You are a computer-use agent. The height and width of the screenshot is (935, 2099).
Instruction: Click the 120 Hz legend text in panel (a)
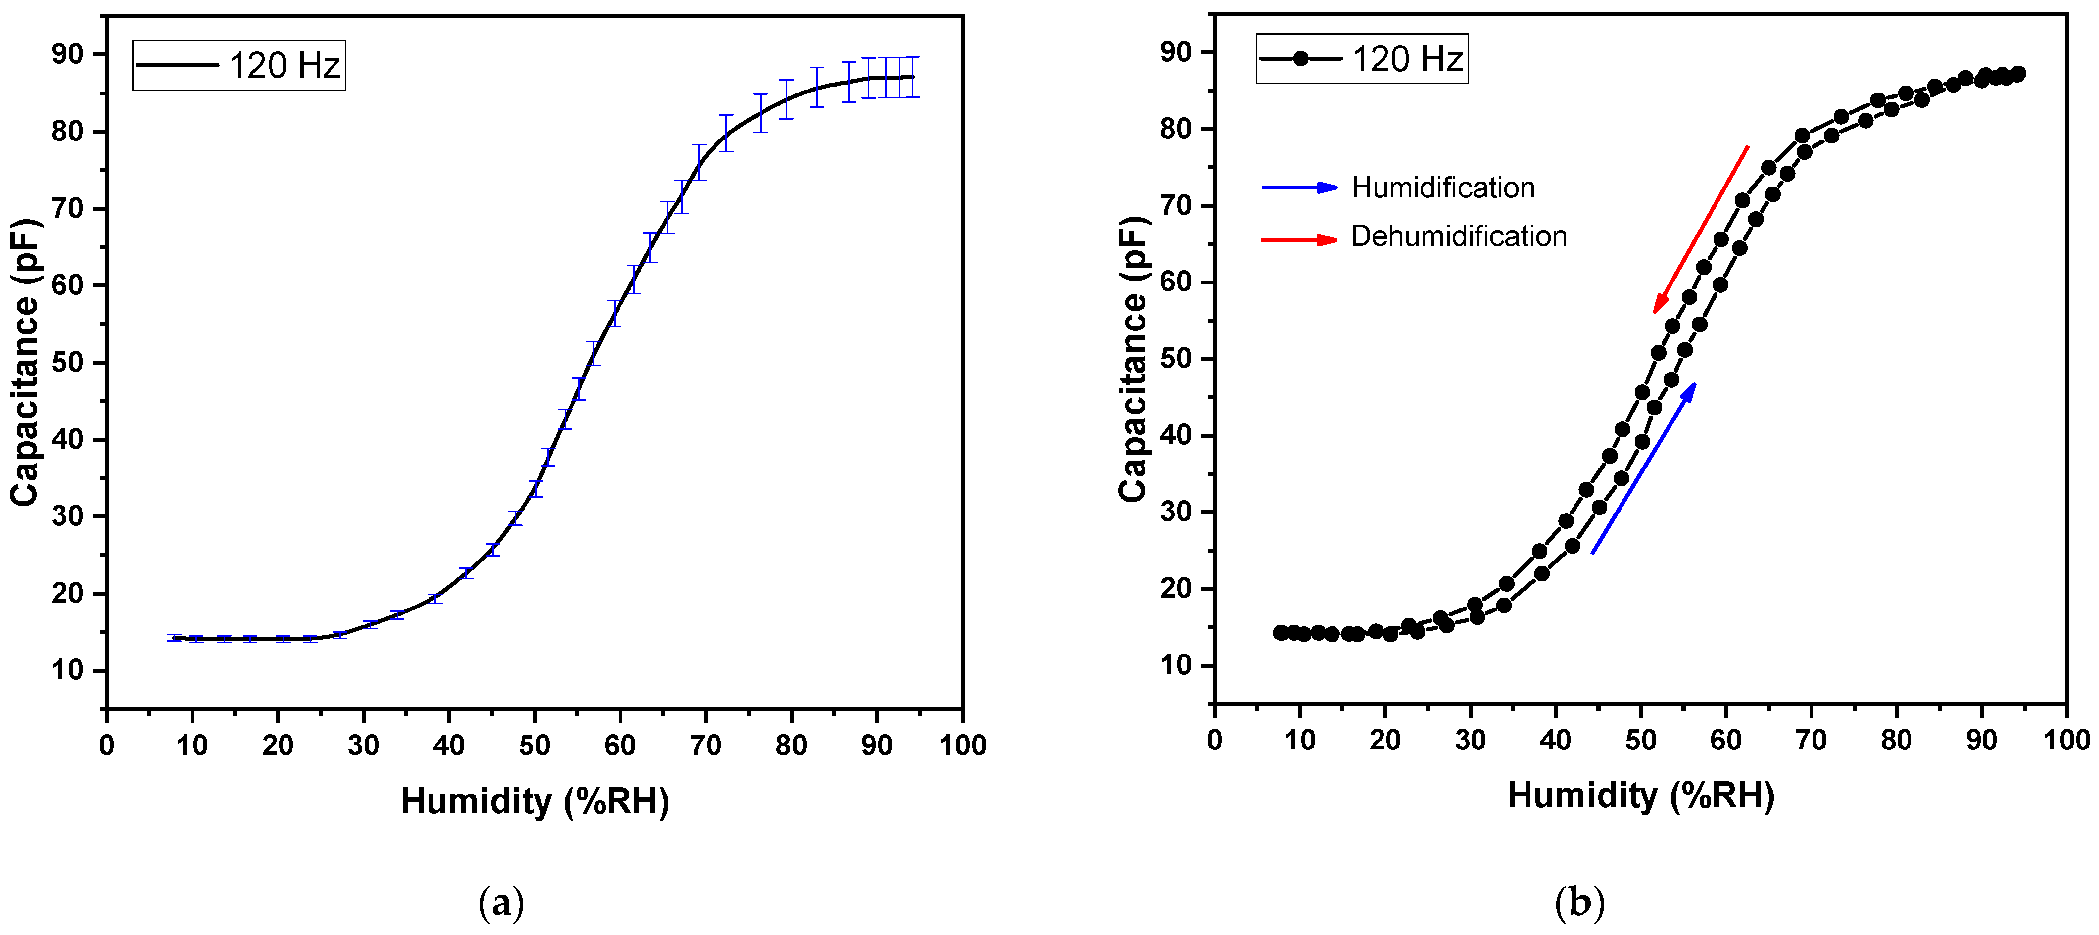(284, 65)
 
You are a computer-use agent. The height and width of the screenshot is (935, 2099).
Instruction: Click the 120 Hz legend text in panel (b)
(1407, 59)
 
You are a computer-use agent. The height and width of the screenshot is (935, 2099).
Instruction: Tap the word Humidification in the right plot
(1443, 188)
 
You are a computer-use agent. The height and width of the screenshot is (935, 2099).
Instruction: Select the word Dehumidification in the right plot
(1459, 236)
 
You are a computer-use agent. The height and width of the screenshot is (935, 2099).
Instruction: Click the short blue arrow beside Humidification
(1300, 188)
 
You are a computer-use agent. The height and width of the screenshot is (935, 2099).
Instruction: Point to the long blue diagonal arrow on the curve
(1643, 468)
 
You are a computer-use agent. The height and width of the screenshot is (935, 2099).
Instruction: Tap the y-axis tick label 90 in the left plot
(68, 54)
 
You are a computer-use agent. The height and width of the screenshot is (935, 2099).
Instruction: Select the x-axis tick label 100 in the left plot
(962, 745)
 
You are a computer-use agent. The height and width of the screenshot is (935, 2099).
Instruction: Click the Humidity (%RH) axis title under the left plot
(534, 801)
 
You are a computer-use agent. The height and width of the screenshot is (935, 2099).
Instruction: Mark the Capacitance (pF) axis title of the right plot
(1133, 358)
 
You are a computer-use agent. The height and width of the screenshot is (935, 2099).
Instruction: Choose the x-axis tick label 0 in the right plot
(1214, 740)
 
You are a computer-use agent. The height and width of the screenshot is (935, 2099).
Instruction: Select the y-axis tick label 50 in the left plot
(68, 363)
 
